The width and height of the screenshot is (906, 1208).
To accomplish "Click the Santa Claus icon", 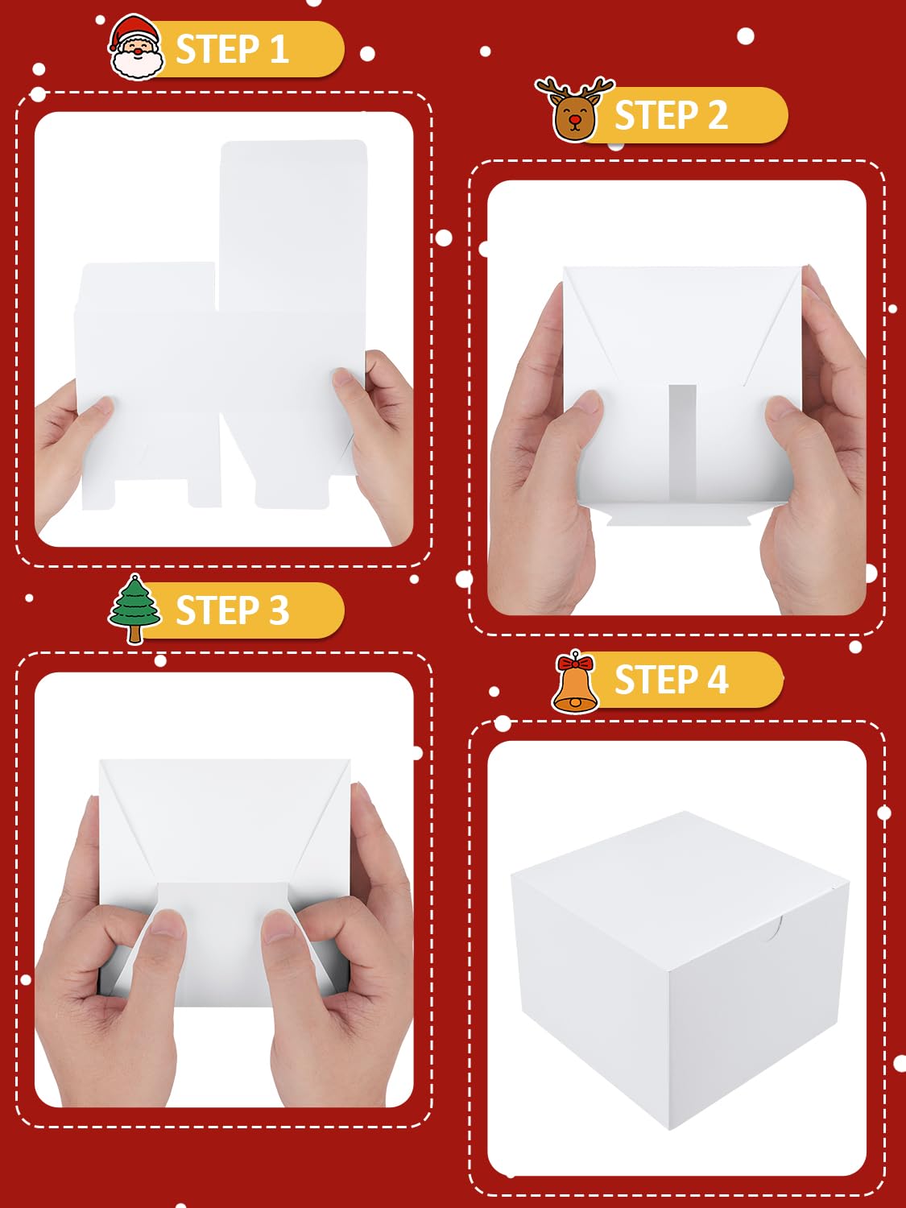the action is tap(136, 48).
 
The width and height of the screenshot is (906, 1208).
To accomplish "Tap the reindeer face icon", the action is tap(574, 110).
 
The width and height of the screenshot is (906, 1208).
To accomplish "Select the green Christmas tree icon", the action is tap(134, 608).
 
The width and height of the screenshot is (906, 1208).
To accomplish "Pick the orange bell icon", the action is tap(575, 682).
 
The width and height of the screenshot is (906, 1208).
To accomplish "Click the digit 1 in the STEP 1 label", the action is tap(279, 49).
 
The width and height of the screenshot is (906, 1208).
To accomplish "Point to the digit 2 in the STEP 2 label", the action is tap(718, 115).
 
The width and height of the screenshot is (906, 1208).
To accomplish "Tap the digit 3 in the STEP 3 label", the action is tap(279, 610).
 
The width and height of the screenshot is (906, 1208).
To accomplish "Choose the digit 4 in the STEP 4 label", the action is tap(718, 679).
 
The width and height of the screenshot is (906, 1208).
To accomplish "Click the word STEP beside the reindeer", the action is tap(656, 115).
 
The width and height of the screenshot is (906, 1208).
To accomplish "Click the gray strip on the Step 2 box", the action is tap(682, 443).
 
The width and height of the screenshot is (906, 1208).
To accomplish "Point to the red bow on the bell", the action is tap(575, 661).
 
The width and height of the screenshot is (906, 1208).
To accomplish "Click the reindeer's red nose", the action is tap(575, 119).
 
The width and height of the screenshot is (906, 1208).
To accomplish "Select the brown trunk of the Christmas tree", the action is tap(134, 634).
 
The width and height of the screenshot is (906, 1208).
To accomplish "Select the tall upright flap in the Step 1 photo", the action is tap(293, 225).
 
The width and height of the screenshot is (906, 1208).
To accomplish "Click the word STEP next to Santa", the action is tap(217, 49).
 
